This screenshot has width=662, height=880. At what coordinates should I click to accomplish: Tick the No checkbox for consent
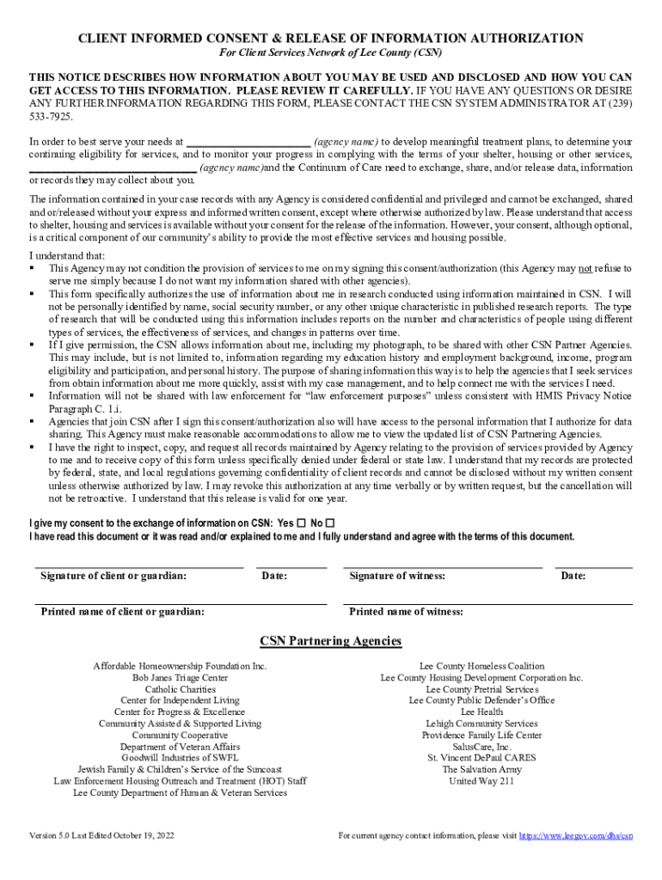coord(331,522)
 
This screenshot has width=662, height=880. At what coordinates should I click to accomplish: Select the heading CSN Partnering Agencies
coord(330,641)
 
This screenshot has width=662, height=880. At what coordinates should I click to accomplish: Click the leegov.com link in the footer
coord(577,835)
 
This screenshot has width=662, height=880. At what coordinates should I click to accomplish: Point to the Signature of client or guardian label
coord(113,576)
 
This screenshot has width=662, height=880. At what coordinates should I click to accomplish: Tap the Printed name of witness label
coord(406,612)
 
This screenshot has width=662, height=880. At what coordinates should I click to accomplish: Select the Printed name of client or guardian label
coord(123,612)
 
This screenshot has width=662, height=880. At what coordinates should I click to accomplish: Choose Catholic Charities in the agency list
coord(180,689)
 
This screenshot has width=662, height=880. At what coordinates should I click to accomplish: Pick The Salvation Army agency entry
coord(481,769)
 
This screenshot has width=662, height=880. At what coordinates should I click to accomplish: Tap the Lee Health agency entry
coord(481,712)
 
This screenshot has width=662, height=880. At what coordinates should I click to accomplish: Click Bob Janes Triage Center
coord(180,678)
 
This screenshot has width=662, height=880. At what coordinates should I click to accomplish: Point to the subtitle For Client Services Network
coord(331,54)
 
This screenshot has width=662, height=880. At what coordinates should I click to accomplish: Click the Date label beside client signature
coord(274,576)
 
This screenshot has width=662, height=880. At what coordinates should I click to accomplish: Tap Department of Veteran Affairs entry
coord(180,747)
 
